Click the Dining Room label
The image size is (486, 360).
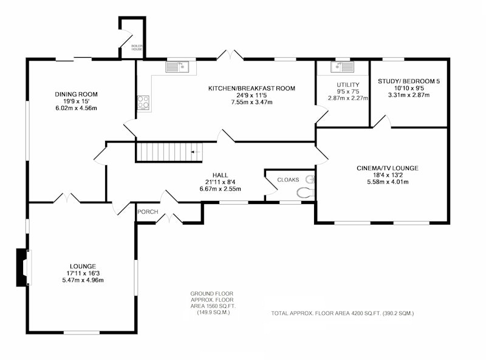(x=77, y=94)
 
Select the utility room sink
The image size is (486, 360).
(x=342, y=67)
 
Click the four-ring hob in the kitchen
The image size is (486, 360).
(x=143, y=102)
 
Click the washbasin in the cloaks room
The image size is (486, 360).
(x=310, y=179)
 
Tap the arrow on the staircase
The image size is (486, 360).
(x=196, y=152)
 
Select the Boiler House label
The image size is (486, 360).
(x=137, y=48)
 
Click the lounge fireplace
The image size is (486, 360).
(x=24, y=267)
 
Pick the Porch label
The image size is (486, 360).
(x=148, y=212)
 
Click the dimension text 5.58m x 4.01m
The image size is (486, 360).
(x=388, y=182)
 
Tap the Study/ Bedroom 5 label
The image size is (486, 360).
(x=409, y=81)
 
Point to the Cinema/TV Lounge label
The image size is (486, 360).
(x=388, y=168)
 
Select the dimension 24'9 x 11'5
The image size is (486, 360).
(x=252, y=95)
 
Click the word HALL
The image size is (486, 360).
(x=220, y=175)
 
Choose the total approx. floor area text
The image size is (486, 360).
(x=343, y=313)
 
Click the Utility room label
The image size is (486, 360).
(x=348, y=84)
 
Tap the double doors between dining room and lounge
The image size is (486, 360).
(x=67, y=198)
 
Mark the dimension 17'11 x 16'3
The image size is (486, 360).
(x=83, y=273)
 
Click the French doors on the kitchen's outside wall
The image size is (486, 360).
(x=230, y=55)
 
